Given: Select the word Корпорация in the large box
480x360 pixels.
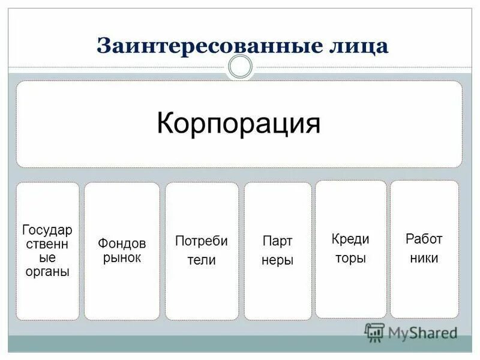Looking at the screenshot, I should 239,124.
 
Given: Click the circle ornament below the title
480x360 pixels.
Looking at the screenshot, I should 241,67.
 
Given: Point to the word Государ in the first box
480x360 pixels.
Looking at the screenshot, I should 47,230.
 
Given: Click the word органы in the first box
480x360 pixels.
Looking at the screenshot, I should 47,271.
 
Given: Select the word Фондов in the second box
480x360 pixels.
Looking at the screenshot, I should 122,244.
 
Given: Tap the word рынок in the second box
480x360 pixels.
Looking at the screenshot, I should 122,258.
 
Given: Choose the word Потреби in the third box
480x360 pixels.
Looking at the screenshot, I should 202,241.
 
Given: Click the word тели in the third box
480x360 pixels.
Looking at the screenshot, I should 202,260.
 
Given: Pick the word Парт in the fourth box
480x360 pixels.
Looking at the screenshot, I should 277,241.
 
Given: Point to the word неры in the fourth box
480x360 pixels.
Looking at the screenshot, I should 277,261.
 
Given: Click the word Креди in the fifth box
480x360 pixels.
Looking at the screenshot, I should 350,239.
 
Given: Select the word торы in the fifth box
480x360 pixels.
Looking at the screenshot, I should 350,259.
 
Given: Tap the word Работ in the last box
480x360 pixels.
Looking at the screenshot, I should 424,239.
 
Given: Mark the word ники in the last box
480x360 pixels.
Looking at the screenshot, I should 424,259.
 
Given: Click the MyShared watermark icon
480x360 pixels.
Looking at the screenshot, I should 375,332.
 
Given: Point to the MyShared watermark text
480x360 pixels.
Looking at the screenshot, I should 422,332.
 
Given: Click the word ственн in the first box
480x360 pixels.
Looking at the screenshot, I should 47,244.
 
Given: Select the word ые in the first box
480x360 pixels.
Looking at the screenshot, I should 47,257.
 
